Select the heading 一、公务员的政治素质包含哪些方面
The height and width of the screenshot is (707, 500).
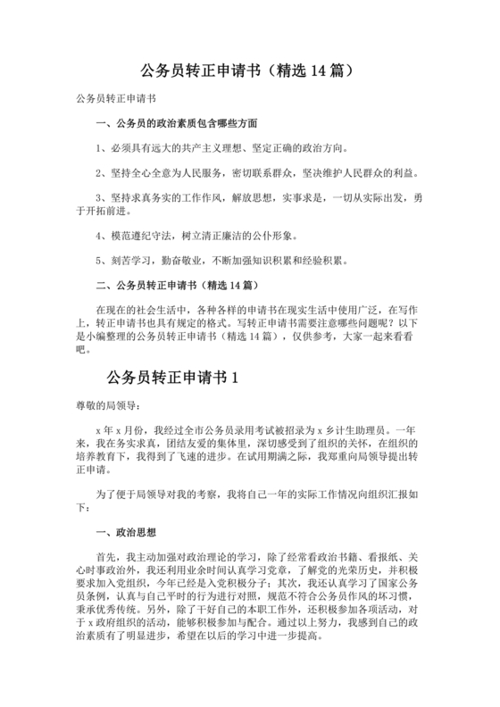[176, 122]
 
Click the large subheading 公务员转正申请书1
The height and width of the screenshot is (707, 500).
[172, 378]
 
